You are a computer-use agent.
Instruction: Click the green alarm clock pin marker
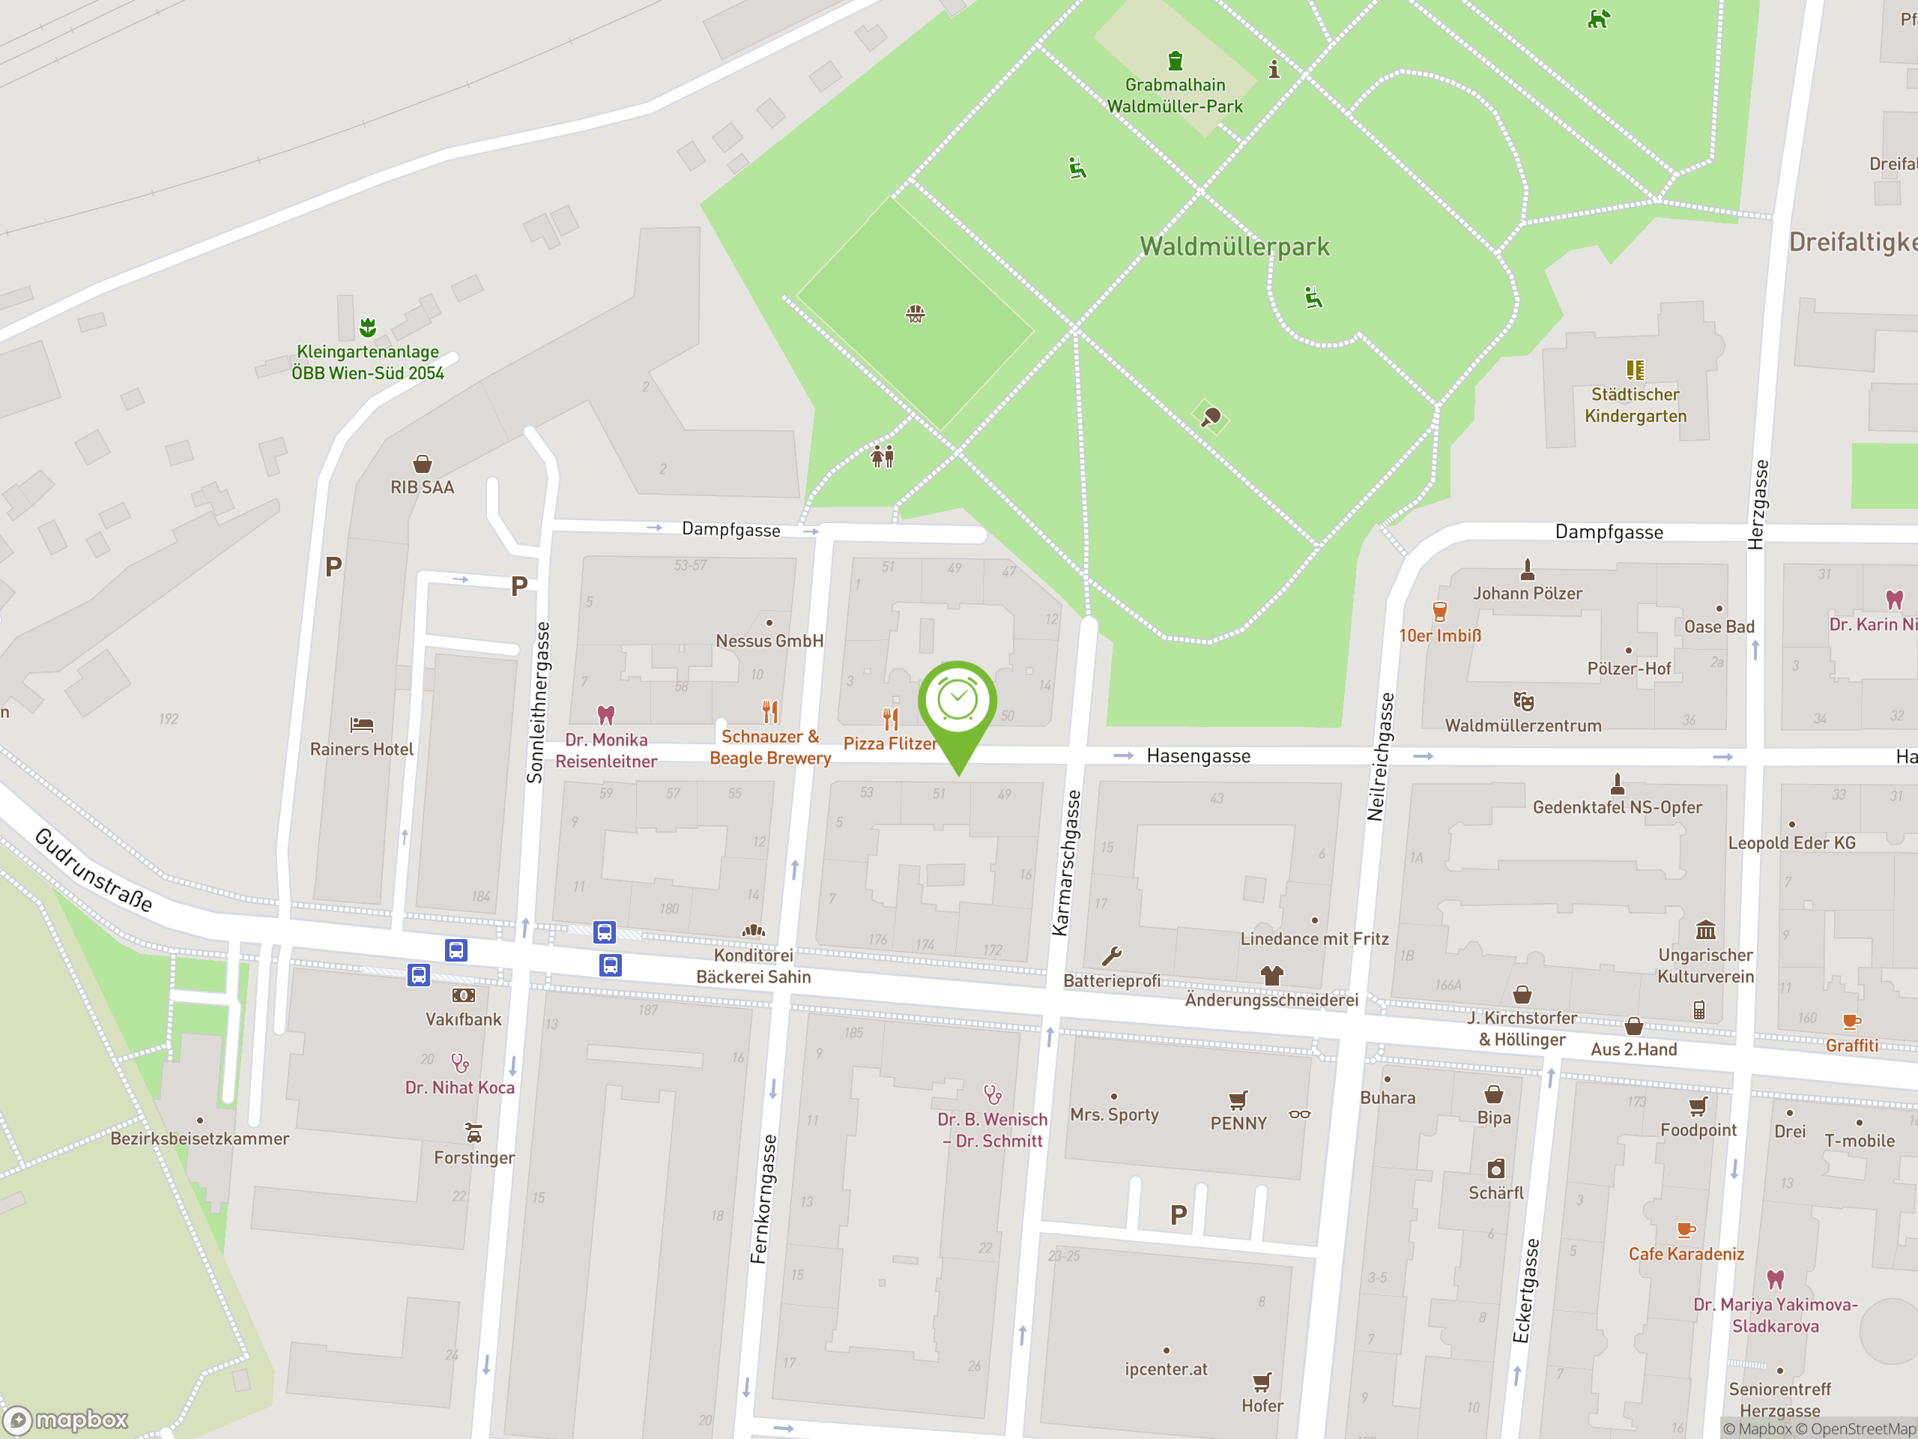coord(958,701)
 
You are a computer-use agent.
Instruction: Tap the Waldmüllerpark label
coord(1234,247)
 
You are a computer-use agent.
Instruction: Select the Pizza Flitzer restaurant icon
coord(891,718)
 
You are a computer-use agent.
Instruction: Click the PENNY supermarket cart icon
coord(1238,1099)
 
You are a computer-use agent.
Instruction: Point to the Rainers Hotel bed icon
coord(362,724)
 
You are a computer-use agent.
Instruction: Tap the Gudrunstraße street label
coord(94,870)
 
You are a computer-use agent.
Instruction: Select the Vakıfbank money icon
coord(464,995)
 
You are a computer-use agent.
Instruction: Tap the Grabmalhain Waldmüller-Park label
coord(1175,95)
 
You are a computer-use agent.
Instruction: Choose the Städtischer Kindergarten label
coord(1636,405)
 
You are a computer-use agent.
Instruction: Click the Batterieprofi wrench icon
coord(1112,956)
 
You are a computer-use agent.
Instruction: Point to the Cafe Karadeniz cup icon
coord(1686,1229)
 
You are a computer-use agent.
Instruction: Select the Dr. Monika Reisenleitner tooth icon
coord(606,715)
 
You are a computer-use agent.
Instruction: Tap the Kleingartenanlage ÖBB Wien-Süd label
coord(368,362)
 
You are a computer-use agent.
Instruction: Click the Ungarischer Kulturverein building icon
coord(1705,930)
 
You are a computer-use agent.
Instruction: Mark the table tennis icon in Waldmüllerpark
coord(1211,418)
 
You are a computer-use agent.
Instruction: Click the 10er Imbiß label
coord(1439,636)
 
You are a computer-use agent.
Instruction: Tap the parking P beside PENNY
coord(1178,1215)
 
